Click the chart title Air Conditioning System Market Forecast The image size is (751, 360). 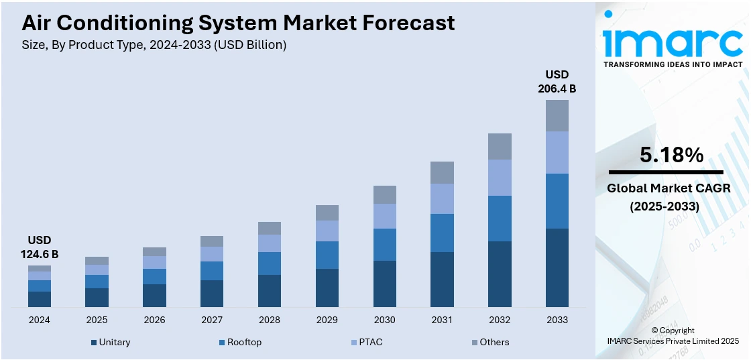click(x=238, y=23)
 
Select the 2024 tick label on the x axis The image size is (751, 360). click(x=40, y=320)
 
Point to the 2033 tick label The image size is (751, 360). click(x=557, y=320)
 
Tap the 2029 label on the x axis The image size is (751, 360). click(x=327, y=320)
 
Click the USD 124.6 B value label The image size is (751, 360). click(x=40, y=247)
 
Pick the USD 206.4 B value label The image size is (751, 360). click(x=557, y=81)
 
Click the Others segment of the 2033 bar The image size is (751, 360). click(x=557, y=115)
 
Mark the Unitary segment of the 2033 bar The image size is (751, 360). click(x=557, y=267)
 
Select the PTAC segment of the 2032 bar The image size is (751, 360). click(x=500, y=178)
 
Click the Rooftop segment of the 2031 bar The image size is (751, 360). click(x=442, y=233)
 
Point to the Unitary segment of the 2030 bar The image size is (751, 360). click(x=385, y=284)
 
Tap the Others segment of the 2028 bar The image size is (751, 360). click(x=270, y=228)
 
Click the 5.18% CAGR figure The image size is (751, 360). click(x=671, y=156)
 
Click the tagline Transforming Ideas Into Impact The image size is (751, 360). click(x=673, y=64)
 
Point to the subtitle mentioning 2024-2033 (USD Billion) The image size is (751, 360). click(x=154, y=45)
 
